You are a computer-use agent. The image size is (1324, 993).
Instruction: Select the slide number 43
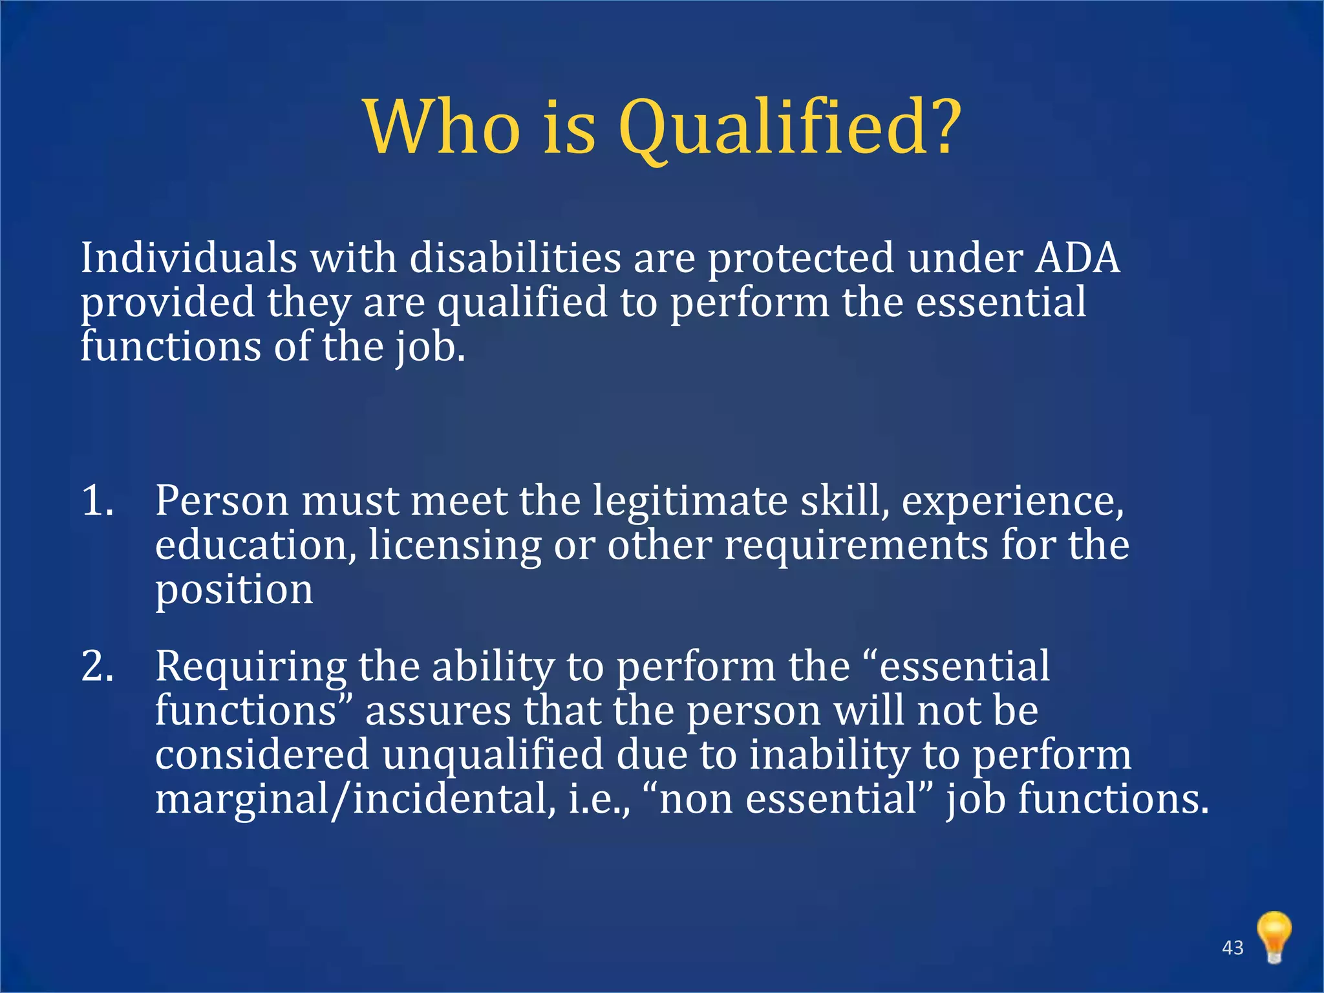pyautogui.click(x=1233, y=948)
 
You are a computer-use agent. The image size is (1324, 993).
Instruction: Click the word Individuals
pyautogui.click(x=188, y=258)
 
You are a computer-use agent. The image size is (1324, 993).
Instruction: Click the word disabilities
pyautogui.click(x=515, y=258)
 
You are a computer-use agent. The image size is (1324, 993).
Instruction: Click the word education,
pyautogui.click(x=255, y=545)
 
